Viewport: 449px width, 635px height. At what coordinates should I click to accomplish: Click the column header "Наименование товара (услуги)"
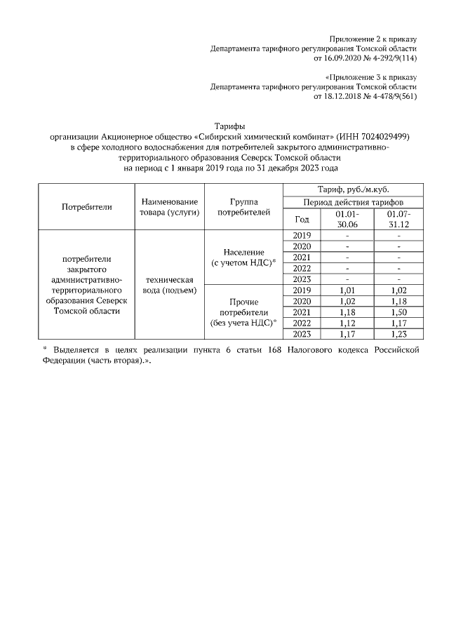169,207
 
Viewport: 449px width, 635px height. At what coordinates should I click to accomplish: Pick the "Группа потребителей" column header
243,207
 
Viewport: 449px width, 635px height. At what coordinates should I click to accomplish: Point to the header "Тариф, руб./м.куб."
354,189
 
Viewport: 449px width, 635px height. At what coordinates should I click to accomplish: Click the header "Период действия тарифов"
354,201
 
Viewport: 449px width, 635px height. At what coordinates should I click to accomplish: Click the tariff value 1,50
398,312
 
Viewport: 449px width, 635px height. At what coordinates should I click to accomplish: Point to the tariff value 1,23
398,335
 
